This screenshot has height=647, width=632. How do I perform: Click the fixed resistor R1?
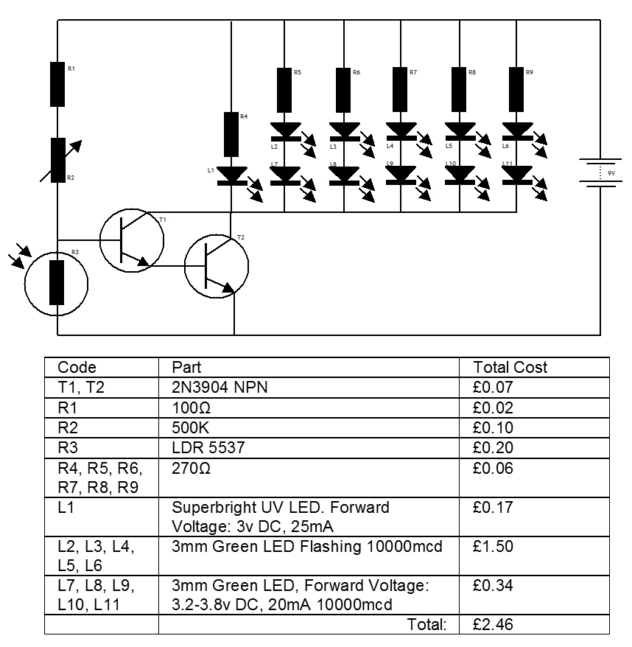57,84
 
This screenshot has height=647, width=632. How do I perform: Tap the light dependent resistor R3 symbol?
57,282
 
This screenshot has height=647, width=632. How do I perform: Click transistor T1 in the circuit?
132,239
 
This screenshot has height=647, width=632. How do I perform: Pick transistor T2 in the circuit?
217,266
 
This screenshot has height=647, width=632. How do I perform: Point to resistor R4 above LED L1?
232,133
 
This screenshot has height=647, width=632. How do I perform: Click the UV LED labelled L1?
232,175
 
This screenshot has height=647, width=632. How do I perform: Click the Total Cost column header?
510,367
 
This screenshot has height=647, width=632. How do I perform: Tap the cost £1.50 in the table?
493,547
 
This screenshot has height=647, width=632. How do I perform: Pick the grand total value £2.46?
493,625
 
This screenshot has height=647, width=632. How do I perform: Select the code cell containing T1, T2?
81,387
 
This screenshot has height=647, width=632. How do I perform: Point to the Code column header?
77,367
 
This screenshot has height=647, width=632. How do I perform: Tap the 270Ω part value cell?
191,468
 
